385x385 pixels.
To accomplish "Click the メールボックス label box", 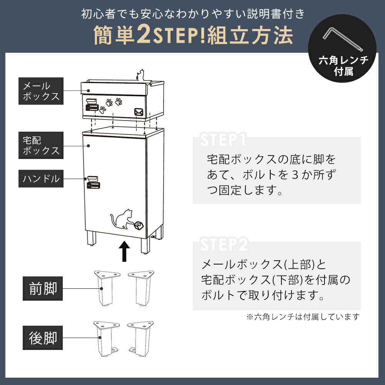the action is [x=41, y=91].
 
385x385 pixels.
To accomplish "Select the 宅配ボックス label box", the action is [x=41, y=146].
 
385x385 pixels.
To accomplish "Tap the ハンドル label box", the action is [x=41, y=179].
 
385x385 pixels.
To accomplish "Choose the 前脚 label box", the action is [x=43, y=288].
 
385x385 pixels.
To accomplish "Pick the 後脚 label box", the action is [x=43, y=338].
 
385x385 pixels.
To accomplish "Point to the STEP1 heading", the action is [x=223, y=139].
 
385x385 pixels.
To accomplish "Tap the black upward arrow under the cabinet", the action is [x=124, y=251].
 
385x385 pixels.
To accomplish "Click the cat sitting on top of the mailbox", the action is [x=141, y=75].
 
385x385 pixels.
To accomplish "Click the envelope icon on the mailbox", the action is [x=139, y=112].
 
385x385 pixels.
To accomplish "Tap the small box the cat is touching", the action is [x=139, y=225].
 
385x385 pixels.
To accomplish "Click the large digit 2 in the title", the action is [x=144, y=34].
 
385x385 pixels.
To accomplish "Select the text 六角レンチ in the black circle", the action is [x=343, y=60].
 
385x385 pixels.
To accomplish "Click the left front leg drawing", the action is [x=107, y=288].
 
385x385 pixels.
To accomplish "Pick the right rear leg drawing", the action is [x=141, y=338].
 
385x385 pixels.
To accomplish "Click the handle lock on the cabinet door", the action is [x=93, y=182].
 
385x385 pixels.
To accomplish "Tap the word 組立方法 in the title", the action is [x=250, y=35].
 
